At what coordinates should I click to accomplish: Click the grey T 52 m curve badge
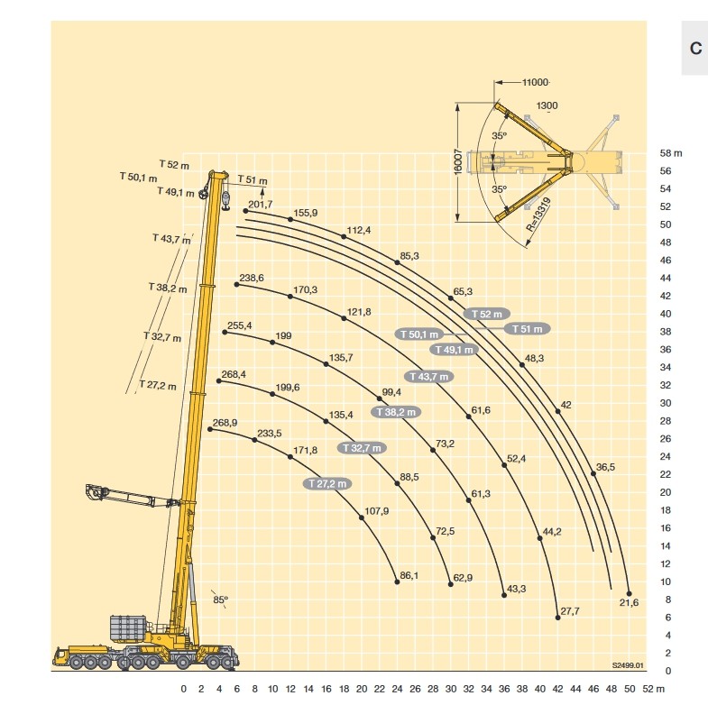click(487, 314)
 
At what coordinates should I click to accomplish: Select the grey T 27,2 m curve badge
click(327, 484)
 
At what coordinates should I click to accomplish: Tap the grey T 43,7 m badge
click(429, 377)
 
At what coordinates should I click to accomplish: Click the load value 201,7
click(261, 205)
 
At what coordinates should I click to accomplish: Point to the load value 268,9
click(225, 423)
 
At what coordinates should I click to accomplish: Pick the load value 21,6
click(629, 602)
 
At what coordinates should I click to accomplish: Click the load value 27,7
click(570, 611)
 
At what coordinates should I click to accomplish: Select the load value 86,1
click(409, 575)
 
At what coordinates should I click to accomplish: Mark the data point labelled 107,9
click(362, 517)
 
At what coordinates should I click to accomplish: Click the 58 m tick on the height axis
click(671, 153)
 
